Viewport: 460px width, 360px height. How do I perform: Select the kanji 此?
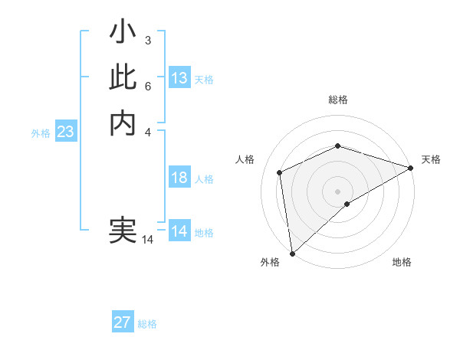click(123, 77)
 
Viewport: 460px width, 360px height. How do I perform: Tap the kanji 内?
click(123, 123)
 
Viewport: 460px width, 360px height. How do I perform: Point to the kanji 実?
click(123, 231)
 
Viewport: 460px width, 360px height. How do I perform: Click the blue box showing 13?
click(179, 77)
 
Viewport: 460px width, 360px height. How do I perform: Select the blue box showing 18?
click(179, 178)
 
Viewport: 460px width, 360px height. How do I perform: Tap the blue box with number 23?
click(65, 132)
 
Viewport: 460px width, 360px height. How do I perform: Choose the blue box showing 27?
click(123, 322)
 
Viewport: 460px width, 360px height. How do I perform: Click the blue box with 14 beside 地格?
click(179, 231)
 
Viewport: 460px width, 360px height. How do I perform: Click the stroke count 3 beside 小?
click(147, 40)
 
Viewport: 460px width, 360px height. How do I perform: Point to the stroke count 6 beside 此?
click(147, 86)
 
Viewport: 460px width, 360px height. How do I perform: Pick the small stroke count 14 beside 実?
click(147, 240)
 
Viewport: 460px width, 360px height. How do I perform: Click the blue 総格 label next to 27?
click(147, 324)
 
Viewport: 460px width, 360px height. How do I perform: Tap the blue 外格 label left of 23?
click(41, 133)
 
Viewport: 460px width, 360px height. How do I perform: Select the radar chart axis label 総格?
click(337, 100)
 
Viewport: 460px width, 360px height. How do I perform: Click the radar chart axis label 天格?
click(431, 159)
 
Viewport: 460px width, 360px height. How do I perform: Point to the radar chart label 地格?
click(402, 262)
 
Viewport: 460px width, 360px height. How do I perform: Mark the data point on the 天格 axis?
click(411, 169)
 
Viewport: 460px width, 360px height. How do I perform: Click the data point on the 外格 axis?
click(292, 253)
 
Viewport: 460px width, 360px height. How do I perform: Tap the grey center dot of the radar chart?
click(337, 191)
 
